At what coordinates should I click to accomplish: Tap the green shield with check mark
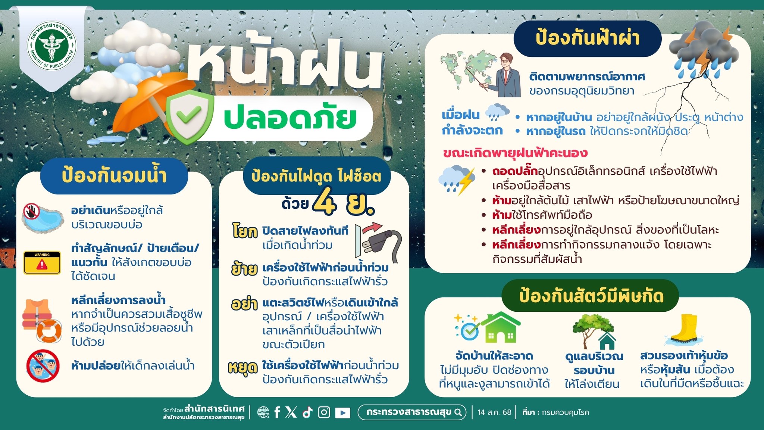click(190, 116)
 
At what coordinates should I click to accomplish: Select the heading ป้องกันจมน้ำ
click(114, 175)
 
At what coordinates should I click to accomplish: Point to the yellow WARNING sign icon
click(42, 262)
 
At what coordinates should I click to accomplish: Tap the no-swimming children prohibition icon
click(43, 366)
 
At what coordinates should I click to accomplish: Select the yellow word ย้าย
click(244, 269)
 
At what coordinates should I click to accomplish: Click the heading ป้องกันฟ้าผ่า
click(588, 38)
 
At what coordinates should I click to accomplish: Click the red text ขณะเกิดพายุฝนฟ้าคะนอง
click(515, 153)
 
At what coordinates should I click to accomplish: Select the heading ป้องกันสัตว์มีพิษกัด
click(591, 296)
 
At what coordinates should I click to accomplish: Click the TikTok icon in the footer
click(307, 412)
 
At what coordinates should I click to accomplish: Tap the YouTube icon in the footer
click(342, 412)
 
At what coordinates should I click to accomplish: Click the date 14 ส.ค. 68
click(494, 412)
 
